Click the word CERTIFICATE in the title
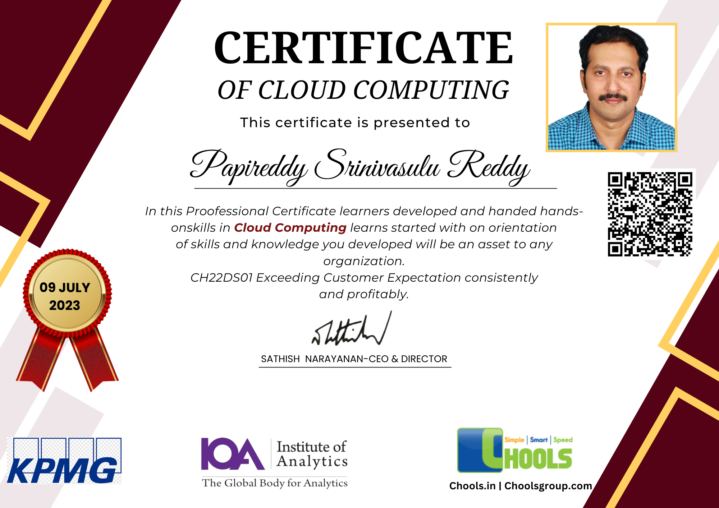point(363,48)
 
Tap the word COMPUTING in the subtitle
point(431,90)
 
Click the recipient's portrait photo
point(612,87)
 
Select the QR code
point(650,214)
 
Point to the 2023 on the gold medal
point(65,305)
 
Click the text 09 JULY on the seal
point(65,287)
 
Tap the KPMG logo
point(64,461)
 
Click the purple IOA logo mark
point(233,454)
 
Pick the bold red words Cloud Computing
point(290,228)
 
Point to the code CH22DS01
point(221,278)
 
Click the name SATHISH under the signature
point(280,359)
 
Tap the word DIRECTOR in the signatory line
point(424,359)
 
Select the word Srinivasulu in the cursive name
point(377,165)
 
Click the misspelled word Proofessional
point(227,211)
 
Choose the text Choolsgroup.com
point(548,486)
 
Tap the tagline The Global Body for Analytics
point(275,483)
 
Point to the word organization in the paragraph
point(364,261)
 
